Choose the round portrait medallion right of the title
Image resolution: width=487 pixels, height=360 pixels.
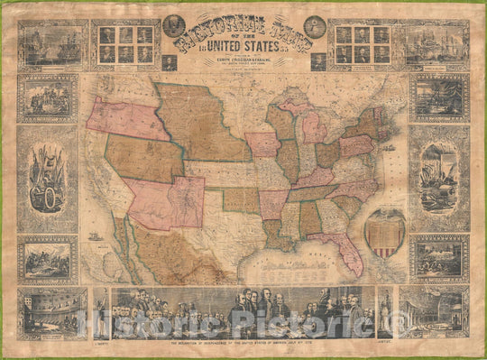click(315, 26)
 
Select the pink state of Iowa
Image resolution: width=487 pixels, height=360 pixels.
click(262, 144)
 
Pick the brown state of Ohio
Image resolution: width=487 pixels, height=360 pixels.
click(326, 152)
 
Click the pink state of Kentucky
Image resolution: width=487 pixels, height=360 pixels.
click(313, 176)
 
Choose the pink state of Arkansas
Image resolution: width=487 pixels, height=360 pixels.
click(273, 203)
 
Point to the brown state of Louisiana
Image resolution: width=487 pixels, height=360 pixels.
click(275, 235)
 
